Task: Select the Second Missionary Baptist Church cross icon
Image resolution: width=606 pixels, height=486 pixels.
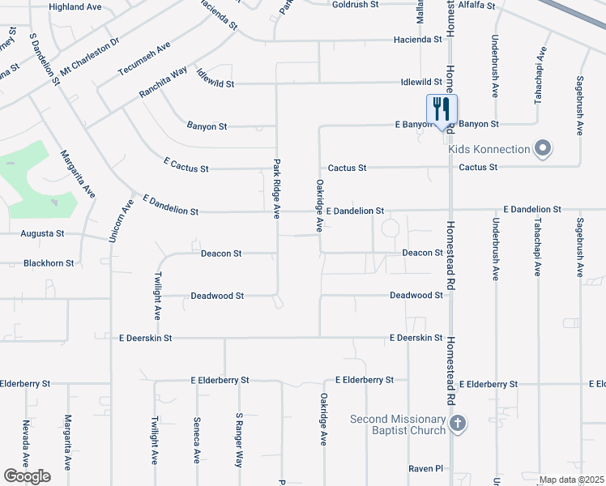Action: pyautogui.click(x=458, y=424)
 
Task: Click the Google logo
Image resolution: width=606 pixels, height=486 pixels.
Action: pyautogui.click(x=27, y=476)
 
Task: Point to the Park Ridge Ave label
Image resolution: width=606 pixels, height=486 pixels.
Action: pyautogui.click(x=276, y=189)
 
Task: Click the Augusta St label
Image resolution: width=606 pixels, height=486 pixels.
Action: pyautogui.click(x=42, y=233)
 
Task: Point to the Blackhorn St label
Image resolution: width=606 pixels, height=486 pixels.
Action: pyautogui.click(x=49, y=263)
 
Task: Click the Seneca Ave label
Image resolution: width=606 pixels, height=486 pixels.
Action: pyautogui.click(x=197, y=440)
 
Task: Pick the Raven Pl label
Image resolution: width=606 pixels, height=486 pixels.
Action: pyautogui.click(x=426, y=468)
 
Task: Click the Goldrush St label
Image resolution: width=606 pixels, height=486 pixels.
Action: pyautogui.click(x=356, y=4)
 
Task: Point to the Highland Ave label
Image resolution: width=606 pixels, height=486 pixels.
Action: pyautogui.click(x=75, y=6)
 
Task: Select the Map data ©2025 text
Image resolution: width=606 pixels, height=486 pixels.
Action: pyautogui.click(x=571, y=480)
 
